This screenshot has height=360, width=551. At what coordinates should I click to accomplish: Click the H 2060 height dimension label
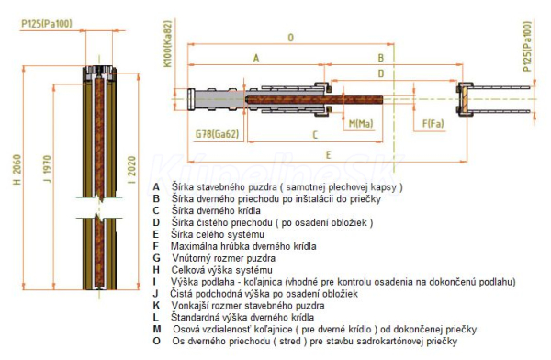[17, 170]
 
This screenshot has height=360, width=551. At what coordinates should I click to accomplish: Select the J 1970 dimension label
[47, 169]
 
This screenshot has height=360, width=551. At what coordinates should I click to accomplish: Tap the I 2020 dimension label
[131, 170]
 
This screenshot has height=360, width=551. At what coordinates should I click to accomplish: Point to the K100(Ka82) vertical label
[168, 43]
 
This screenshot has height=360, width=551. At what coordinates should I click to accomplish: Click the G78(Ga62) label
[217, 134]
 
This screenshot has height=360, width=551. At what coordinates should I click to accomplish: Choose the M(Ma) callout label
[361, 124]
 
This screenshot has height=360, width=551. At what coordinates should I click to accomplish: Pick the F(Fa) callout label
[433, 124]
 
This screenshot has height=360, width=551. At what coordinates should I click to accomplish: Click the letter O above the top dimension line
[290, 38]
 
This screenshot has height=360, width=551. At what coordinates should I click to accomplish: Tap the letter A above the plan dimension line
[256, 58]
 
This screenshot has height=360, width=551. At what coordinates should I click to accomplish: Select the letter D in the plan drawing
[381, 73]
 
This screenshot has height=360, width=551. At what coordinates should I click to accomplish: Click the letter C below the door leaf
[315, 135]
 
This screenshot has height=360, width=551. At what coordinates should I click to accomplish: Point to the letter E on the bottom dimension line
[328, 155]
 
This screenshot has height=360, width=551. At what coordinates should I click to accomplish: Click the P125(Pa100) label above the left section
[47, 24]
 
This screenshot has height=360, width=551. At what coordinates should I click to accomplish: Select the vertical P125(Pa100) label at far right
[527, 47]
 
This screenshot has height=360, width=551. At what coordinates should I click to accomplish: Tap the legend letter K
[156, 305]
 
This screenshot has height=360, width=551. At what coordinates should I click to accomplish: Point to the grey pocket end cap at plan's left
[191, 99]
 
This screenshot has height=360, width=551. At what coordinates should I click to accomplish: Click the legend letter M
[157, 329]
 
